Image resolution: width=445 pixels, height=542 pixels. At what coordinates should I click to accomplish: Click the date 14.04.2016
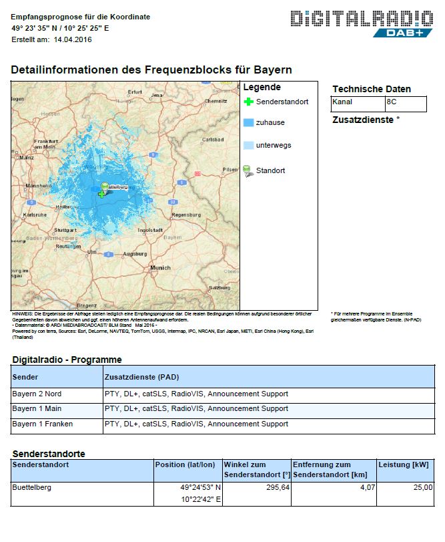[73, 39]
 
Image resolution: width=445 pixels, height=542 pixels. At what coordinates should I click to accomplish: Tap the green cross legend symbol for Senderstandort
[249, 102]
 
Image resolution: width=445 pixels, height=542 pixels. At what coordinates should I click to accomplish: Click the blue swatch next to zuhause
[248, 123]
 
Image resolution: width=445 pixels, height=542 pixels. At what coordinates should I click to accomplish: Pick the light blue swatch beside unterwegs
[248, 145]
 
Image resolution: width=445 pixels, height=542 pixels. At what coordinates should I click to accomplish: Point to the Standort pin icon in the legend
[248, 170]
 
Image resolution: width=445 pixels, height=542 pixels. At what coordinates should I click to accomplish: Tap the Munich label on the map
[160, 267]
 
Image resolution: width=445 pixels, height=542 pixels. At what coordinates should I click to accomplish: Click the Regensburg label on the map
[185, 215]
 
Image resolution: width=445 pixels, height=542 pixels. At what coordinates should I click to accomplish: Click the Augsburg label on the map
[135, 255]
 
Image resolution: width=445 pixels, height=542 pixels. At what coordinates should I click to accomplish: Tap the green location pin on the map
[104, 187]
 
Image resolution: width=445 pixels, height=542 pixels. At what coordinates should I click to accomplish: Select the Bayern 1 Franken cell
[43, 424]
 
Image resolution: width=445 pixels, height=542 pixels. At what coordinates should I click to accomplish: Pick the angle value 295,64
[275, 487]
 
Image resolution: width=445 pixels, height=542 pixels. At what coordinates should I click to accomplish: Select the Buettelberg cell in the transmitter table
[32, 487]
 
